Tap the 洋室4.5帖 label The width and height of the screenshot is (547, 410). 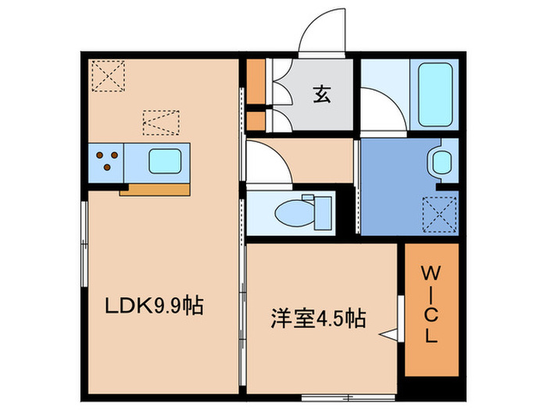(x=319, y=319)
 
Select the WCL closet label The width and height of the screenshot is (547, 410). (x=432, y=305)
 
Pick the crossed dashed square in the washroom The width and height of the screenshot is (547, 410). (x=439, y=213)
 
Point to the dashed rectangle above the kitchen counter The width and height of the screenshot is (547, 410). (x=161, y=123)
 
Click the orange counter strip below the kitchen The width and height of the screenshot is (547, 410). (x=154, y=189)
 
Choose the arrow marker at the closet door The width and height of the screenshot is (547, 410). (x=388, y=334)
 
